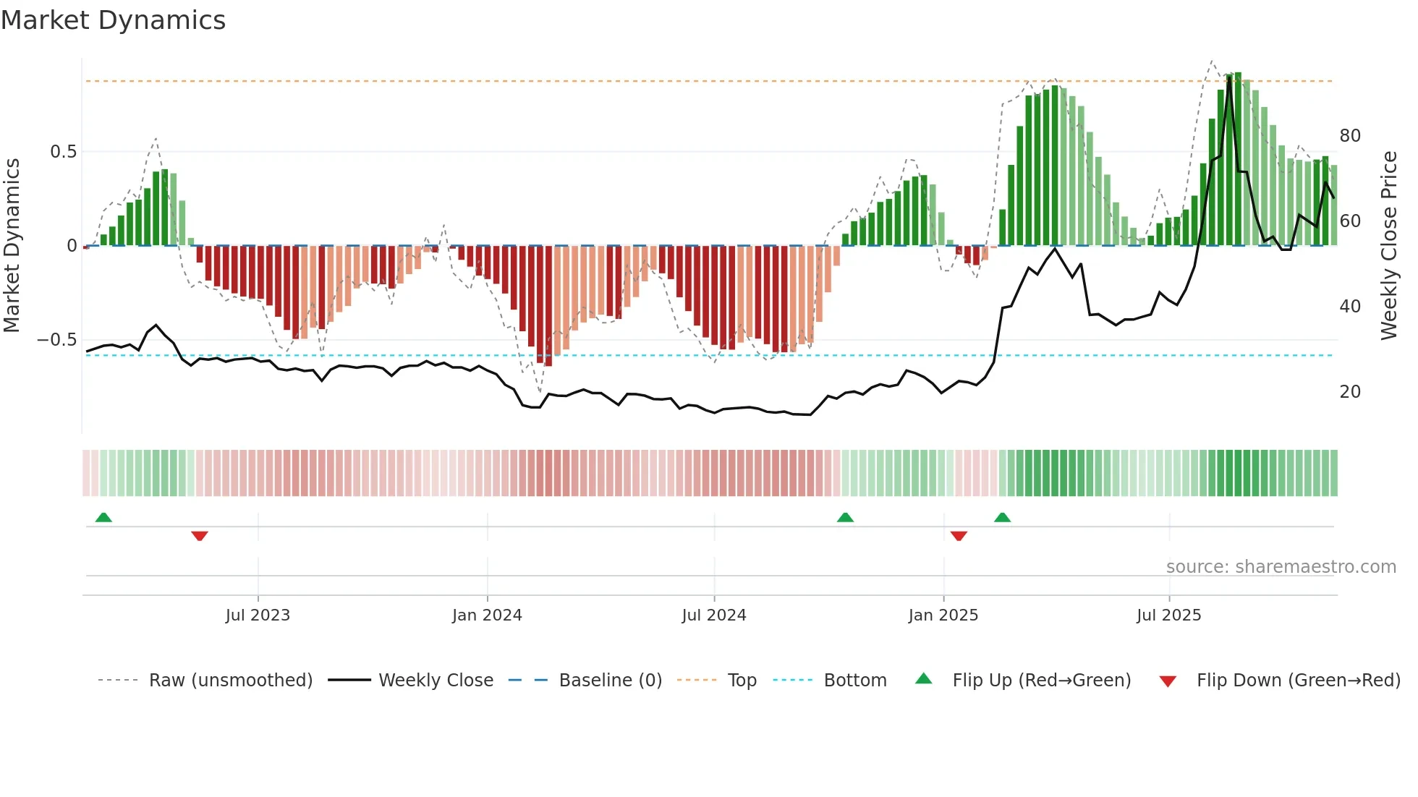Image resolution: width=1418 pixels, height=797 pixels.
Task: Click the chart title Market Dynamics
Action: (x=113, y=20)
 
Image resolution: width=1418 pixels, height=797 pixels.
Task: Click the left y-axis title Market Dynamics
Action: (x=12, y=245)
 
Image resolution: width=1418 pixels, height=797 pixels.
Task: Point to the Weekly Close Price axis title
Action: (x=1388, y=245)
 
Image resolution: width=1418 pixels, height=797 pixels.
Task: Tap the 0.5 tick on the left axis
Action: (x=63, y=152)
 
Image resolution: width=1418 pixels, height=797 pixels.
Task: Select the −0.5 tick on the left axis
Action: (x=57, y=340)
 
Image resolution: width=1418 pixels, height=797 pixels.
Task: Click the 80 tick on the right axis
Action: (x=1349, y=136)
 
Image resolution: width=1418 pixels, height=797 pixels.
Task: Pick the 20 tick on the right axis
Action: (x=1349, y=392)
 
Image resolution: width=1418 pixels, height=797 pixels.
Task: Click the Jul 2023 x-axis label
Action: (x=258, y=615)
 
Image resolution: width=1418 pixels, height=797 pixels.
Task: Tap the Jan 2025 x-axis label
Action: (x=943, y=615)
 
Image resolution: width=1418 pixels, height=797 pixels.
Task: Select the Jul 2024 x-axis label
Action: (x=713, y=615)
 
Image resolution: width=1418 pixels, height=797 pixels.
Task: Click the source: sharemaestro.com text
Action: (x=1281, y=567)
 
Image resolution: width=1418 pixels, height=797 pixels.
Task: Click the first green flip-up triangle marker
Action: (x=103, y=517)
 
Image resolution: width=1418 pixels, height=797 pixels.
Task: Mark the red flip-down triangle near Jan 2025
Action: (x=959, y=536)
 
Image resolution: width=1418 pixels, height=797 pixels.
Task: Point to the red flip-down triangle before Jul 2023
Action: (x=200, y=536)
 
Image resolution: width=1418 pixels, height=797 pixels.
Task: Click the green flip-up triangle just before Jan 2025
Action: (x=845, y=517)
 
